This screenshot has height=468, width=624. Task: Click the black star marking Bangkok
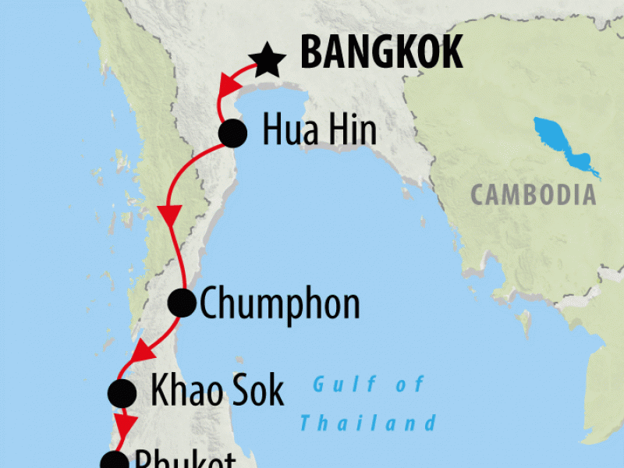click(267, 61)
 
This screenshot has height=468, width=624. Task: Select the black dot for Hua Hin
click(232, 133)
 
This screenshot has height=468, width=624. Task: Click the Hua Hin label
click(320, 131)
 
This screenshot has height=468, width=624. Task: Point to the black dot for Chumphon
click(183, 303)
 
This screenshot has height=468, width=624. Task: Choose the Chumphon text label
click(280, 303)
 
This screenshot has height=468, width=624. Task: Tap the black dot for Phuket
click(114, 462)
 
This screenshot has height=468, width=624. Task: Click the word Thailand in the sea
click(368, 424)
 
